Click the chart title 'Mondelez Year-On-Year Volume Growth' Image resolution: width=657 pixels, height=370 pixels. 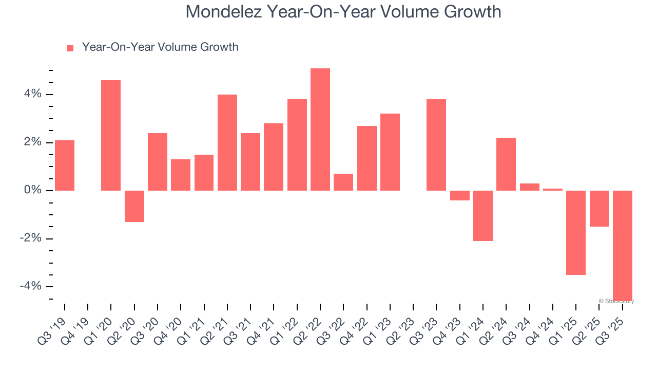(x=343, y=11)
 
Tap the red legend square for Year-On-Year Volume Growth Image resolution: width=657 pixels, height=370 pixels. (x=70, y=48)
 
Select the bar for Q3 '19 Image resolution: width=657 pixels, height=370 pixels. (x=65, y=165)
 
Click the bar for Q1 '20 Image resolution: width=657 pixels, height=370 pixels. (x=111, y=135)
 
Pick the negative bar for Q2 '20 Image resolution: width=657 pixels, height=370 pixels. (x=134, y=206)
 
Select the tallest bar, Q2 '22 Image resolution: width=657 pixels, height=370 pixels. (x=320, y=129)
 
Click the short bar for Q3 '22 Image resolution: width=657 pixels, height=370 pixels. (x=343, y=182)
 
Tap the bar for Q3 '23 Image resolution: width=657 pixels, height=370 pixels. (x=436, y=144)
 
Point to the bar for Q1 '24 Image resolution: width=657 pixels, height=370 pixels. (x=483, y=215)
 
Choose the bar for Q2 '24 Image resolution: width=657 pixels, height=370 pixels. (x=506, y=164)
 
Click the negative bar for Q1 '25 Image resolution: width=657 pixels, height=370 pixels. (x=576, y=232)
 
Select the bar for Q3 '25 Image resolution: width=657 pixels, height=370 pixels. (x=622, y=245)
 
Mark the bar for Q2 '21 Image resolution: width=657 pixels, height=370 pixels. (x=227, y=142)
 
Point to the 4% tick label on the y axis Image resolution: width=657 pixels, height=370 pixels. (x=32, y=94)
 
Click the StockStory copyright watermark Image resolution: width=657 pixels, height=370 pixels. (x=616, y=301)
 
